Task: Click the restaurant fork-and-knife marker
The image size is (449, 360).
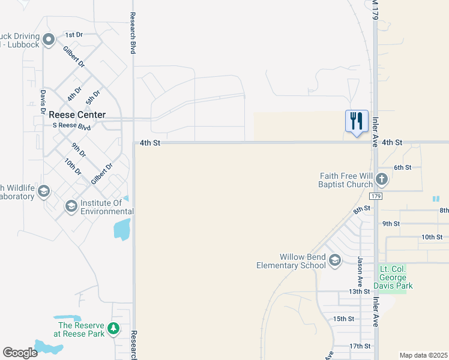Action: pyautogui.click(x=357, y=121)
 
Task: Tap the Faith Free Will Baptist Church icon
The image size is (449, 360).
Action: pyautogui.click(x=382, y=179)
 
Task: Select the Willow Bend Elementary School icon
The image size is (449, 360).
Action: pyautogui.click(x=335, y=260)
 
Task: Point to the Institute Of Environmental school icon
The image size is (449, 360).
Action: pyautogui.click(x=71, y=207)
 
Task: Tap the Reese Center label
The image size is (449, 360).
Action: pyautogui.click(x=77, y=115)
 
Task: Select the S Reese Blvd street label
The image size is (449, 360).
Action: pyautogui.click(x=71, y=126)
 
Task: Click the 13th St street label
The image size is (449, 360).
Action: pyautogui.click(x=360, y=292)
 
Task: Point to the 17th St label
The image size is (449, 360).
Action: pyautogui.click(x=360, y=346)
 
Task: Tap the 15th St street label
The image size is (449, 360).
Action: pyautogui.click(x=344, y=319)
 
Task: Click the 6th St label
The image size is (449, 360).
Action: pyautogui.click(x=402, y=167)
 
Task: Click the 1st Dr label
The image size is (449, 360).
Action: pyautogui.click(x=73, y=35)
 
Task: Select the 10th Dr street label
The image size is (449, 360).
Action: pyautogui.click(x=74, y=167)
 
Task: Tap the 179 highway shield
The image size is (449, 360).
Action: pyautogui.click(x=376, y=196)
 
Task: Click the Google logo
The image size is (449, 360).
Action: pyautogui.click(x=20, y=353)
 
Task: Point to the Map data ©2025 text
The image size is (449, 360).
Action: pyautogui.click(x=423, y=355)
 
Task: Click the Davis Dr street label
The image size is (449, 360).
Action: pyautogui.click(x=43, y=101)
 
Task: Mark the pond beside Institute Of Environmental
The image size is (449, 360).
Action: pyautogui.click(x=122, y=228)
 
